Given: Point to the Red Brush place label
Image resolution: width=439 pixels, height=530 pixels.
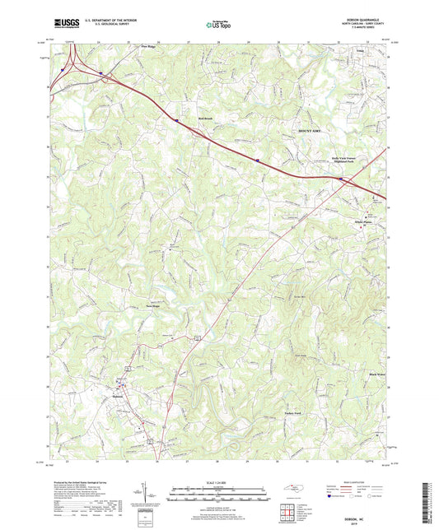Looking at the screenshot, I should click(x=205, y=119).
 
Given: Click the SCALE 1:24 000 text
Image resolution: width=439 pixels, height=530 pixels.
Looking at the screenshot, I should click(x=218, y=481).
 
